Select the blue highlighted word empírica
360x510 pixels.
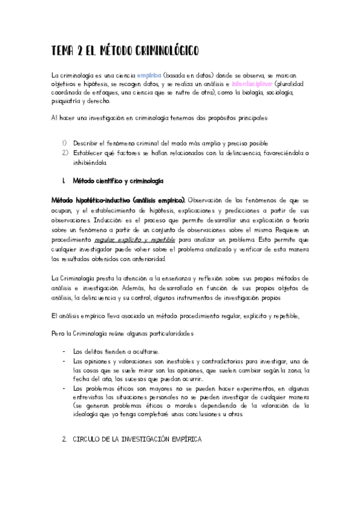pyautogui.click(x=149, y=75)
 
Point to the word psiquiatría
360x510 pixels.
pyautogui.click(x=69, y=102)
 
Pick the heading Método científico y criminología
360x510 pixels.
pyautogui.click(x=115, y=180)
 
